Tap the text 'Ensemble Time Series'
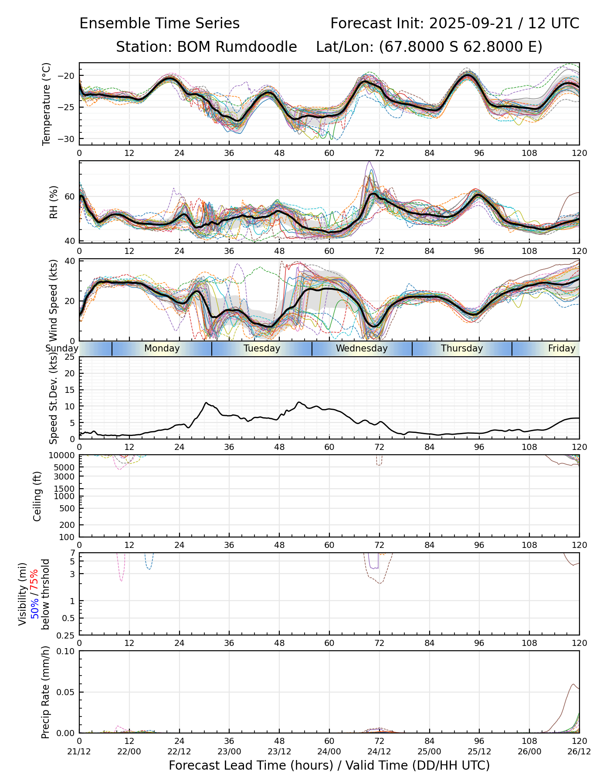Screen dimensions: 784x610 click(159, 24)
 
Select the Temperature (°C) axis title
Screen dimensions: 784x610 click(47, 104)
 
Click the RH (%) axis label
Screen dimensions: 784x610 click(54, 202)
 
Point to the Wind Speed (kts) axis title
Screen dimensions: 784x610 click(54, 300)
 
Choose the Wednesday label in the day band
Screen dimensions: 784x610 click(362, 348)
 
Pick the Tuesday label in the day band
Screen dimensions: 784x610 click(262, 348)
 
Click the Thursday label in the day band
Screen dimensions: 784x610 click(462, 348)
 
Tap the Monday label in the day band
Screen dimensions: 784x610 click(162, 348)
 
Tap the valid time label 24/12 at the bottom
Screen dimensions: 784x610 click(379, 752)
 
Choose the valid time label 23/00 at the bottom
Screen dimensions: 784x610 click(229, 752)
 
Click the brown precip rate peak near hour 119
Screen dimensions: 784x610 click(573, 684)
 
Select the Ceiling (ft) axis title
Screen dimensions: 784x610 click(38, 496)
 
